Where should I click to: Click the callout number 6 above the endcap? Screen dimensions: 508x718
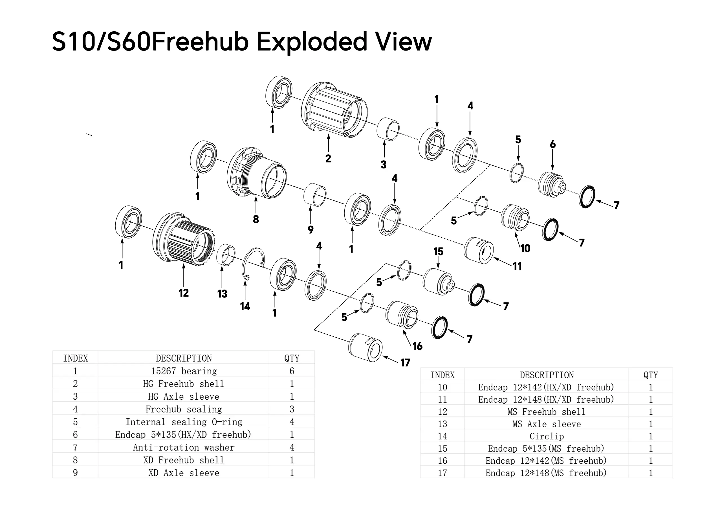[x=552, y=144]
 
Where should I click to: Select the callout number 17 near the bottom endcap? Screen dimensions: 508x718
[x=405, y=363]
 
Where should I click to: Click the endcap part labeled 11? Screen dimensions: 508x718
[x=479, y=250]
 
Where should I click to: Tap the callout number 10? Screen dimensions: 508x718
[x=525, y=249]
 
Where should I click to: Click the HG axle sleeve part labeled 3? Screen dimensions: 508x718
[x=388, y=129]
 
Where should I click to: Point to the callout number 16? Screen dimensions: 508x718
[x=417, y=346]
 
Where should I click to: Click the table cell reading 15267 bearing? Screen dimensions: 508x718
[x=184, y=371]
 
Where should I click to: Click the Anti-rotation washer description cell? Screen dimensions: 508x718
[x=184, y=447]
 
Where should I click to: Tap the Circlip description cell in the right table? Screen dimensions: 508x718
[x=546, y=436]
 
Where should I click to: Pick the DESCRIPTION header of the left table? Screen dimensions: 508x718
[x=184, y=358]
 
